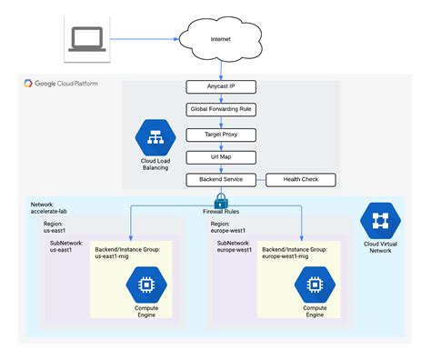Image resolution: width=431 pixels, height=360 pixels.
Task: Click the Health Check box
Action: click(x=300, y=179)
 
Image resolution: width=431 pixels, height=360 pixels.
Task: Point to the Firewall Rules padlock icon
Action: click(x=221, y=201)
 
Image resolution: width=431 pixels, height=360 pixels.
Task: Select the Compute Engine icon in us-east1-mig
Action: click(x=145, y=288)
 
